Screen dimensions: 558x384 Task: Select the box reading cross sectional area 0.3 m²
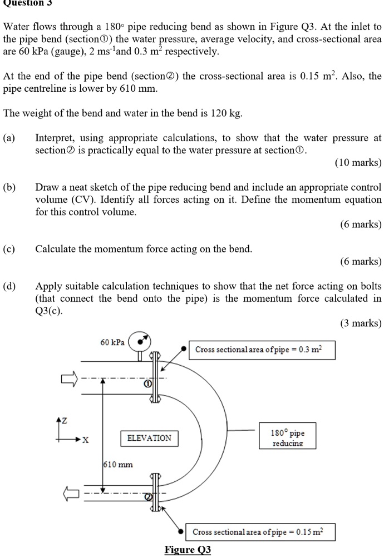pyautogui.click(x=262, y=350)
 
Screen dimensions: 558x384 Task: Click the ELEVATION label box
pyautogui.click(x=149, y=439)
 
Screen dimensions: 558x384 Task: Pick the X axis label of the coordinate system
pyautogui.click(x=85, y=440)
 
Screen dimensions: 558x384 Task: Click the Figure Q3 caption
pyautogui.click(x=188, y=550)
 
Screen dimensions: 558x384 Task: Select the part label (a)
pyautogui.click(x=9, y=137)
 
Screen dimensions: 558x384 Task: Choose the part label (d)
pyautogui.click(x=9, y=287)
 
